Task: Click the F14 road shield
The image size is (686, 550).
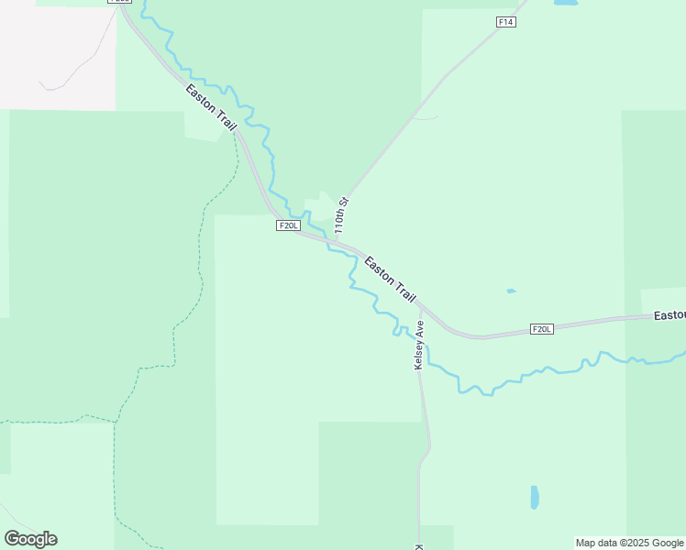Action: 506,22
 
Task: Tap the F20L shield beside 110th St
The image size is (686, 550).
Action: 288,225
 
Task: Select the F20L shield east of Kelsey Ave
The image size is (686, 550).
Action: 542,329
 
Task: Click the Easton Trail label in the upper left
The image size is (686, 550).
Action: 212,106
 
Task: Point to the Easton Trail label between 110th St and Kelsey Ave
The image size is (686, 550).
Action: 390,280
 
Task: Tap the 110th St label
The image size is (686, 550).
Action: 341,214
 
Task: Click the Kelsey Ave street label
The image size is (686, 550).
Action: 419,344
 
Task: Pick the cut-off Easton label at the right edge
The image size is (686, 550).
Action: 669,315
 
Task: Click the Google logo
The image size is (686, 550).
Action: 30,539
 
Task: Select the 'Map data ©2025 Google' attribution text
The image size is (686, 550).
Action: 630,543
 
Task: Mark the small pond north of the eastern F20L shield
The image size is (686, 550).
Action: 511,291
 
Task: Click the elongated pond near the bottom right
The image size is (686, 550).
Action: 535,498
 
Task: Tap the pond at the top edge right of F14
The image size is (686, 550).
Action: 566,4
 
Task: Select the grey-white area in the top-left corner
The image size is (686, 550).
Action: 55,50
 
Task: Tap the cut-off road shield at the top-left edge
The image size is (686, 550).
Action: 119,2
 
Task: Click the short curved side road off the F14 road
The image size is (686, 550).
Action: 426,116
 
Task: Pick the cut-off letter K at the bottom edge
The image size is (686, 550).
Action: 419,546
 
